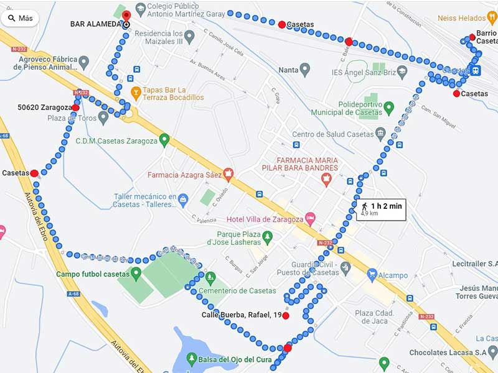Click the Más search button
[20, 18]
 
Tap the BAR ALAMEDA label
[95, 24]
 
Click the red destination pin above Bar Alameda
[126, 16]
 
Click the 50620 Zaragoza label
[44, 108]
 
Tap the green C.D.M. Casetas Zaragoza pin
[164, 140]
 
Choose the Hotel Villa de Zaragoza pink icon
[310, 219]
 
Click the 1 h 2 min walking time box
[381, 209]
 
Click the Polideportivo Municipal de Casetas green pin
[389, 109]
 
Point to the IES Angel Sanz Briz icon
[403, 73]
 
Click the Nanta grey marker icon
[304, 68]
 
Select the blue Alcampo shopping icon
[372, 275]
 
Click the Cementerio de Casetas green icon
[210, 277]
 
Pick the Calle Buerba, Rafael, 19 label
[242, 315]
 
